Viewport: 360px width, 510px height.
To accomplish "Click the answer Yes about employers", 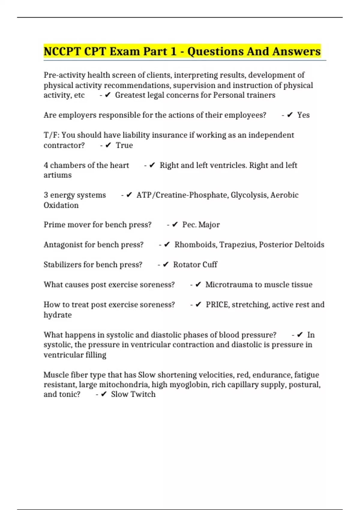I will [x=303, y=115].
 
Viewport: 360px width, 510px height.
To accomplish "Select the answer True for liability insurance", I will [x=124, y=145].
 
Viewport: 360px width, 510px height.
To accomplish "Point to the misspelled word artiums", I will [x=58, y=175].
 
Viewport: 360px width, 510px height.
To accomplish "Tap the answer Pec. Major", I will [x=201, y=225].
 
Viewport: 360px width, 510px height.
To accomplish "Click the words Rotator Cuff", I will [x=195, y=265].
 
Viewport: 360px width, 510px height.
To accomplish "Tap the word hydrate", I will [x=58, y=315].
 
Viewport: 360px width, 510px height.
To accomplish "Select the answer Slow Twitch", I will [x=133, y=394].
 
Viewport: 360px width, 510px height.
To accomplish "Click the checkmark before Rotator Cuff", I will [x=166, y=265].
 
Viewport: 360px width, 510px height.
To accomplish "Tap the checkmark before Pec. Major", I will [x=175, y=225].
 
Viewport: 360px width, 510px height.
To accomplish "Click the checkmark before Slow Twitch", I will [x=104, y=394].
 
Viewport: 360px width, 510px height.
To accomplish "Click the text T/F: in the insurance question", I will [x=51, y=135].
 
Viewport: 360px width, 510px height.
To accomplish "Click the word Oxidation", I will [x=61, y=205].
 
